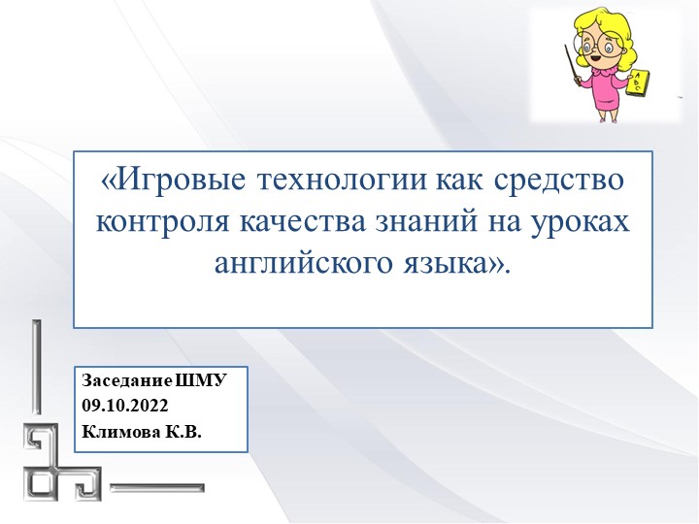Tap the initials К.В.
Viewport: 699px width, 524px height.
coord(182,432)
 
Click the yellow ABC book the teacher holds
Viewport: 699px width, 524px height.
coord(641,84)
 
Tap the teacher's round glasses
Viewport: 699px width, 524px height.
coord(593,44)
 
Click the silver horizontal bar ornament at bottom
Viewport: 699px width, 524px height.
coord(165,484)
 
